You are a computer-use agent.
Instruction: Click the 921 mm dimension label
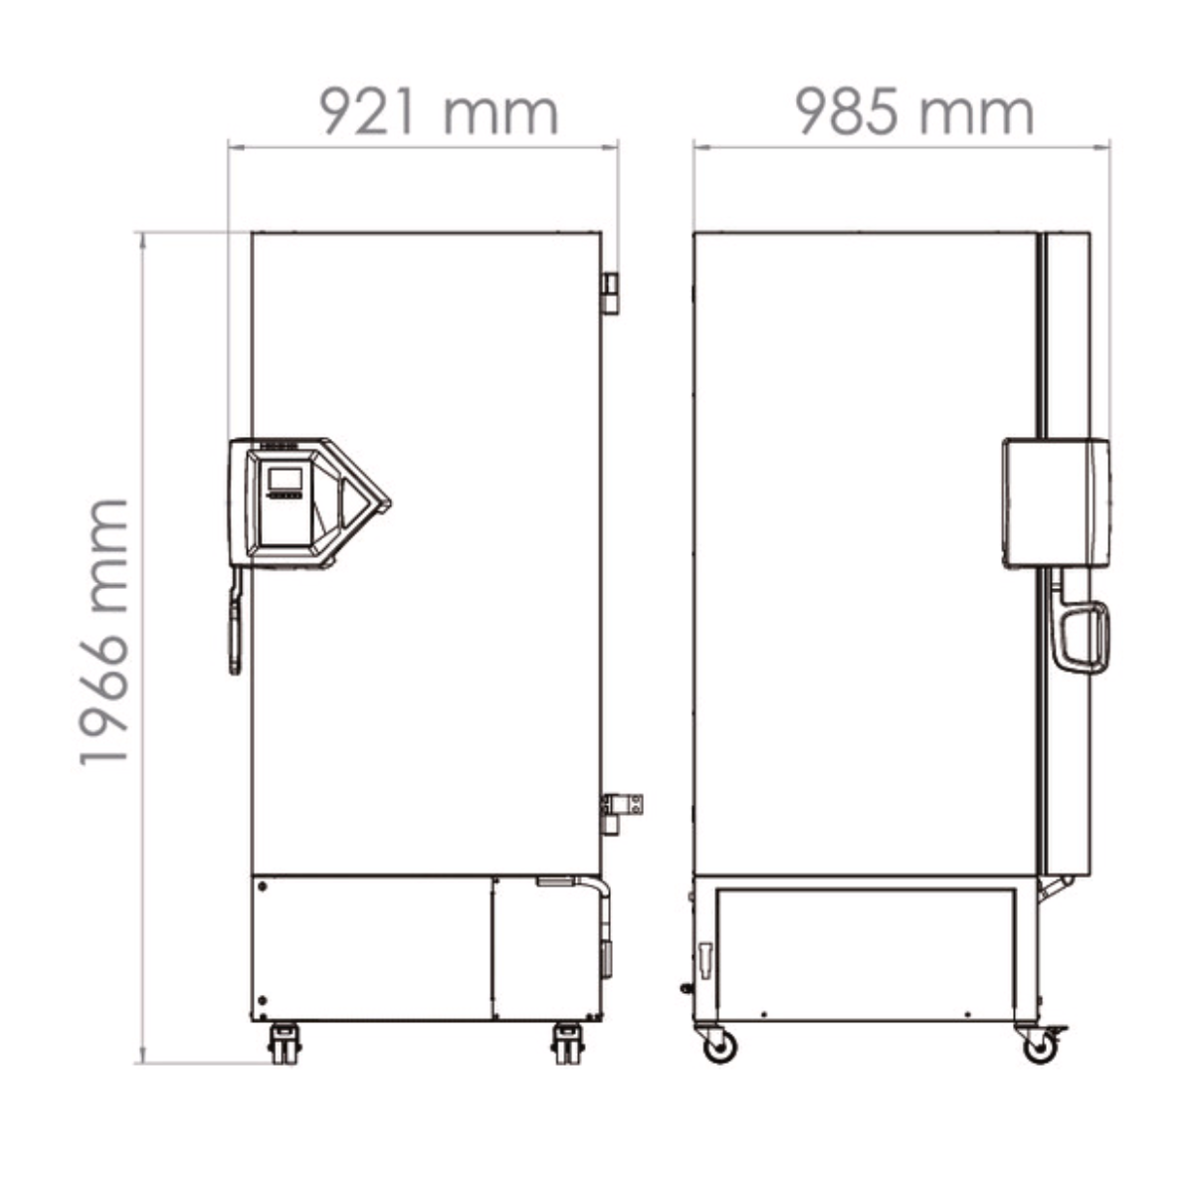click(x=438, y=112)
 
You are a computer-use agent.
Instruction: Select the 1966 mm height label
click(x=104, y=633)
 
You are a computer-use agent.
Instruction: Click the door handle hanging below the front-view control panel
click(x=236, y=627)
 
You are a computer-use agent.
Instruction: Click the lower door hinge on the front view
click(x=621, y=808)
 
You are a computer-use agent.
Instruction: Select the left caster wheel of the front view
click(x=284, y=1045)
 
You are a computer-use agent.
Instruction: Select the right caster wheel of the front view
click(x=568, y=1045)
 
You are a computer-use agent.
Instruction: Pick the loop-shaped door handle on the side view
click(x=1084, y=637)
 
